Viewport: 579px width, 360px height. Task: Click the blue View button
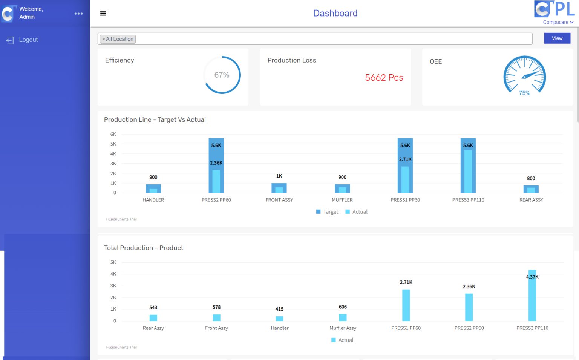point(557,38)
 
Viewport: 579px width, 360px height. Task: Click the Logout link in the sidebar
point(28,40)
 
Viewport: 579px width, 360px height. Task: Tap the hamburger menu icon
point(103,13)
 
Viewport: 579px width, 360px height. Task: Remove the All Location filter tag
point(104,39)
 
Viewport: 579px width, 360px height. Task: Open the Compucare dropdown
point(558,22)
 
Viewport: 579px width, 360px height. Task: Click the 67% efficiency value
point(222,75)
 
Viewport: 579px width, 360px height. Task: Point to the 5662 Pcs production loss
point(384,78)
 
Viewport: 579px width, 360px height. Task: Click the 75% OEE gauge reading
point(524,93)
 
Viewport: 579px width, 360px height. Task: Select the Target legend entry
point(327,212)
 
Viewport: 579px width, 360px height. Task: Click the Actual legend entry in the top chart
point(356,212)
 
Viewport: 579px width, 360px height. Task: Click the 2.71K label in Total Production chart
point(406,282)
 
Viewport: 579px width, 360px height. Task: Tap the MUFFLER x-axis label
point(342,200)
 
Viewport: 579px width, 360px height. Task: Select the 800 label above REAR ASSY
point(531,178)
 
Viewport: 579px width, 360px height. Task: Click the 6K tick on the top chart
point(113,134)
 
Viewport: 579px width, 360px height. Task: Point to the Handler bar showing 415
point(279,318)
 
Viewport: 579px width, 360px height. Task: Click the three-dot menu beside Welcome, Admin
point(78,14)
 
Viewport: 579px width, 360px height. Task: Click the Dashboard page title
point(335,13)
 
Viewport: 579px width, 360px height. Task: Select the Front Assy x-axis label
point(216,328)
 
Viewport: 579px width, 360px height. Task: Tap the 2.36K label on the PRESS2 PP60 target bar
point(216,163)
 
